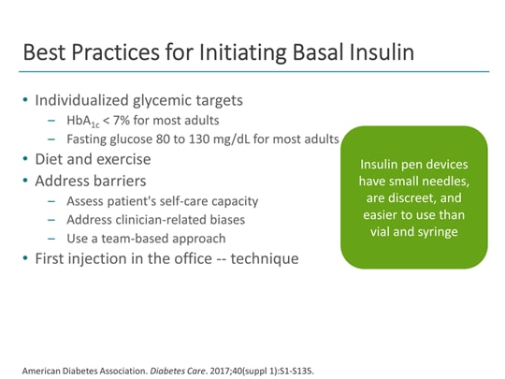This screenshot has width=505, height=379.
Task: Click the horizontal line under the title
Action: (x=252, y=71)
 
